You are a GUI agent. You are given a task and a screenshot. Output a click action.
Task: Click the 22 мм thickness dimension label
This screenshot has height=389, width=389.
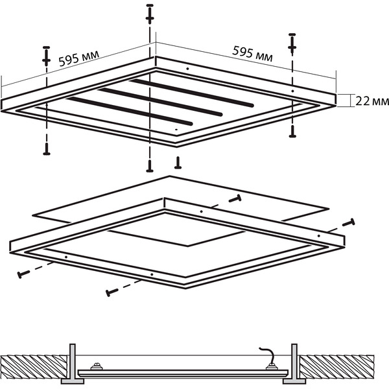(x=372, y=101)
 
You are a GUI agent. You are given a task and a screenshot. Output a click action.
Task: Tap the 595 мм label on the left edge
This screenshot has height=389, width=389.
(x=79, y=58)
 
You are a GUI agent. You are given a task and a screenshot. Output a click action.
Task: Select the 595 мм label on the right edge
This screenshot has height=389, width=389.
(x=252, y=54)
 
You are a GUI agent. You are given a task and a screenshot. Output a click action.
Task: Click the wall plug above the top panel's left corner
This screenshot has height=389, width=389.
(x=47, y=56)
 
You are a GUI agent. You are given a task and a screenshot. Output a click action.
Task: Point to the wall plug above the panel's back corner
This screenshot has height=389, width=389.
(x=150, y=14)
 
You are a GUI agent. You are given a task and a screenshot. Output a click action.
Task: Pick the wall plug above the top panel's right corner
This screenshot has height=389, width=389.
(x=292, y=43)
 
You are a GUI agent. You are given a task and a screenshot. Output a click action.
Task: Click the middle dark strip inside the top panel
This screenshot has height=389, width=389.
(x=160, y=102)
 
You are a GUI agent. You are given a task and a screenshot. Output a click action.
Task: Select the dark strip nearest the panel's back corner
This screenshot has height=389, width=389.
(x=191, y=93)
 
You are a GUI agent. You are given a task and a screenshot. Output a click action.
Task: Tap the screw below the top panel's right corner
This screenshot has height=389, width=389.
(x=292, y=131)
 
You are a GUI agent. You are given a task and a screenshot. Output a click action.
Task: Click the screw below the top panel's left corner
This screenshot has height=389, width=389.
(x=47, y=149)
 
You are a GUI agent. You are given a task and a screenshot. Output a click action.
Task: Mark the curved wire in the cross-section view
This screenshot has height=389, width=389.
(x=266, y=355)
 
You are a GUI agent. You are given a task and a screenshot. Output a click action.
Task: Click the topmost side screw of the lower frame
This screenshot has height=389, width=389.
(x=235, y=198)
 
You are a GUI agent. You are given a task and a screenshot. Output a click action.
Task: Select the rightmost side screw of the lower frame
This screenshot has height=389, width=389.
(x=348, y=222)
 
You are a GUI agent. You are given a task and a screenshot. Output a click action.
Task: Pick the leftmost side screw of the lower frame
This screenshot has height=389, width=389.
(x=24, y=274)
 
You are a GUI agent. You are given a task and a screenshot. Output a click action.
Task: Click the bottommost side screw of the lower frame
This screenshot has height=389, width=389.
(x=112, y=292)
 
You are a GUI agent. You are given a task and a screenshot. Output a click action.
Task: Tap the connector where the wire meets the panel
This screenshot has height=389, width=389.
(x=270, y=366)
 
